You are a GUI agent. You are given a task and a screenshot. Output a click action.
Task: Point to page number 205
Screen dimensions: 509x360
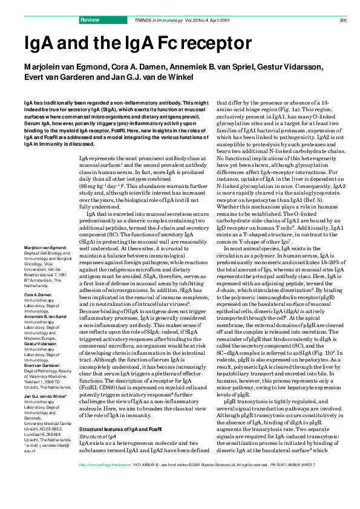coord(342,20)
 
